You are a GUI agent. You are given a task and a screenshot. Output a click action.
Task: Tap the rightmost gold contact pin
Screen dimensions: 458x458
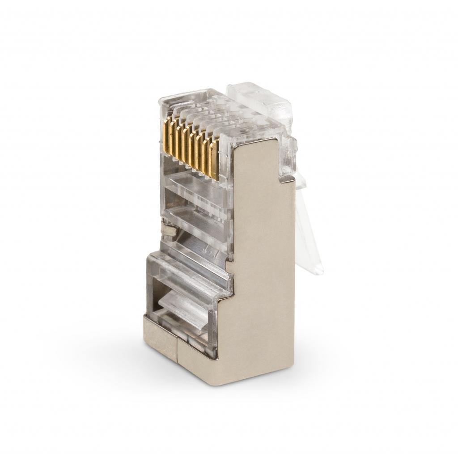[x=218, y=165]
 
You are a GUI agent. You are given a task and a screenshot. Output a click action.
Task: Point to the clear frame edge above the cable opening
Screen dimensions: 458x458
[x=188, y=268]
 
